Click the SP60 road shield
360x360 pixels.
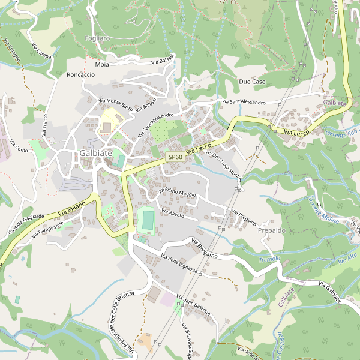click(175, 157)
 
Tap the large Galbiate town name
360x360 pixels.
click(95, 154)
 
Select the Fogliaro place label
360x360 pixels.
click(97, 38)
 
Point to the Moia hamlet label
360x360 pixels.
click(102, 64)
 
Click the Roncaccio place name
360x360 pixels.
click(81, 74)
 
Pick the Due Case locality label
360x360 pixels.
click(252, 81)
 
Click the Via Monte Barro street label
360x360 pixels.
click(115, 104)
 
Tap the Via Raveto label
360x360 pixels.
click(172, 212)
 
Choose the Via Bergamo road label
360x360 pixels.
click(204, 248)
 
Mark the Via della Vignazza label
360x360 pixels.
click(179, 265)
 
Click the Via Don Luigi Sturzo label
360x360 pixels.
click(223, 163)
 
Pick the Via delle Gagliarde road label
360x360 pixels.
click(26, 224)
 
